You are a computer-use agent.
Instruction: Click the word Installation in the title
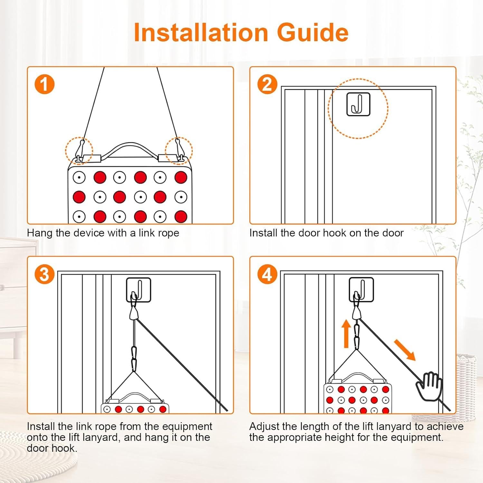[x=201, y=32]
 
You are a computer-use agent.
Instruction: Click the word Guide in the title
[x=313, y=32]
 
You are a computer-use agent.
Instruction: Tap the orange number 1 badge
[x=44, y=84]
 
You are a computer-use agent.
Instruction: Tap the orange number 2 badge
[x=267, y=84]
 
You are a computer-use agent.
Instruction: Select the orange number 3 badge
[x=44, y=274]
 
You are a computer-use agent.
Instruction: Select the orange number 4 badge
[x=267, y=274]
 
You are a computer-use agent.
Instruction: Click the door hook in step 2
[x=358, y=104]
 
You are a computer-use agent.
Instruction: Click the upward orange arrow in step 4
[x=346, y=334]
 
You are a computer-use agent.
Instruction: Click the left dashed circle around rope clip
[x=79, y=150]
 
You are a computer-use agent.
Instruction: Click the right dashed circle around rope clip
[x=179, y=150]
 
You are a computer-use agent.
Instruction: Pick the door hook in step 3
[x=138, y=290]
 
